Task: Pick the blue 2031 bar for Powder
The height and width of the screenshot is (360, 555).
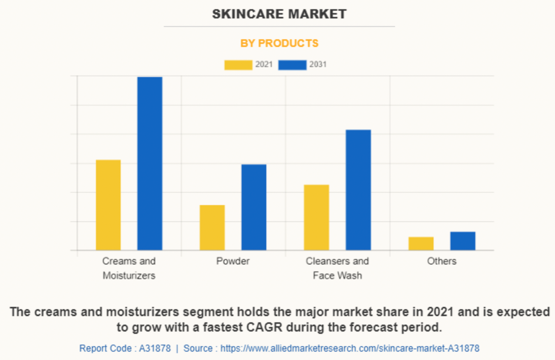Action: tap(254, 207)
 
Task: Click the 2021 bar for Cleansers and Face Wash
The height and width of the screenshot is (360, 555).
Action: tap(316, 217)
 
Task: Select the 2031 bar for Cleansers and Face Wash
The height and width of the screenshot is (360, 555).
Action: tap(358, 190)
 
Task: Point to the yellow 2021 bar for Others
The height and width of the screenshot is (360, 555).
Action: tap(421, 243)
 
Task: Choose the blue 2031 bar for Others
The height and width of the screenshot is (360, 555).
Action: tap(462, 241)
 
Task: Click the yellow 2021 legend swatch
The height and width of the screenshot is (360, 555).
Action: tap(238, 65)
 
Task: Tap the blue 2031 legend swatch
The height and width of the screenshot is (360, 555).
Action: tap(292, 65)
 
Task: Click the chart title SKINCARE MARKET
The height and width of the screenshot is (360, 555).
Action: tap(279, 14)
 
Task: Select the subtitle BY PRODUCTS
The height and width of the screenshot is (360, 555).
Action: tap(279, 43)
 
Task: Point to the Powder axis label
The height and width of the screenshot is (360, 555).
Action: tap(233, 261)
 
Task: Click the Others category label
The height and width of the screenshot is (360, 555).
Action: tap(442, 261)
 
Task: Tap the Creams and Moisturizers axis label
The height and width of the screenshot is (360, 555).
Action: tap(129, 268)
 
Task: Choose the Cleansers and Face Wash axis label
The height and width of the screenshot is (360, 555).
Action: tap(337, 268)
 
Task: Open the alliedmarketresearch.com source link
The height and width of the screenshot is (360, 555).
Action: tap(350, 348)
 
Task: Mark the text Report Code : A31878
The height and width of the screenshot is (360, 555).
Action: tap(125, 348)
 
